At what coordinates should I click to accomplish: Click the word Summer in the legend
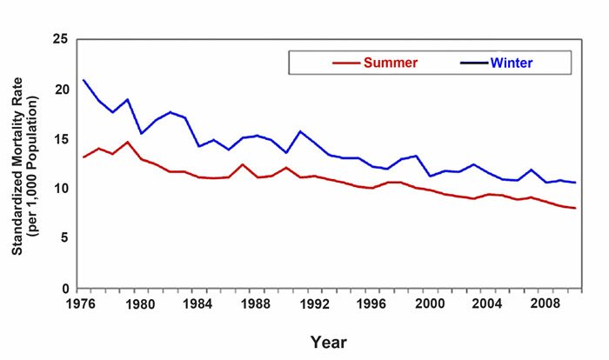click(391, 63)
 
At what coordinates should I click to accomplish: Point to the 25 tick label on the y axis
click(60, 40)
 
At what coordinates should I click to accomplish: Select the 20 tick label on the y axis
click(60, 90)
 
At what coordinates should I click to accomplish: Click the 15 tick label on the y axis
click(60, 139)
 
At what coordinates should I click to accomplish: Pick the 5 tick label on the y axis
click(64, 238)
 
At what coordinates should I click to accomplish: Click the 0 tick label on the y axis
click(64, 288)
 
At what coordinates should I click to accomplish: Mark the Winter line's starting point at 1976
click(84, 80)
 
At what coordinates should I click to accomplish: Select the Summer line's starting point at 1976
click(84, 157)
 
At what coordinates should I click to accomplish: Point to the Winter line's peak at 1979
click(128, 99)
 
